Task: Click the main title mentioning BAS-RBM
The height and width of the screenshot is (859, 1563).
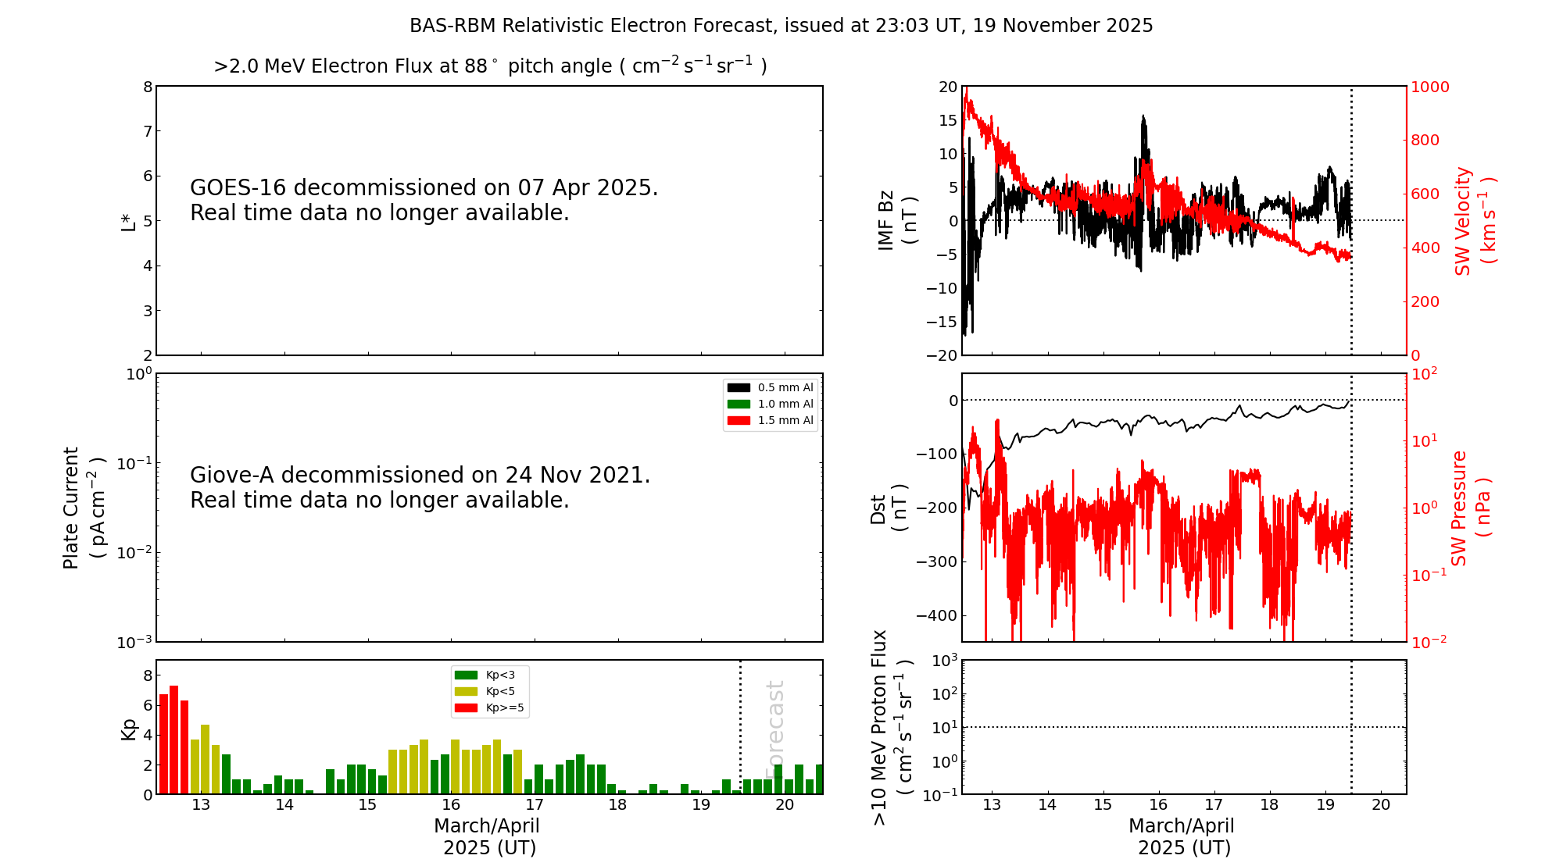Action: point(781,26)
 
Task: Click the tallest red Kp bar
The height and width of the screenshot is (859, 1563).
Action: point(173,738)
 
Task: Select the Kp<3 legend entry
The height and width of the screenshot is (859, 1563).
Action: point(489,675)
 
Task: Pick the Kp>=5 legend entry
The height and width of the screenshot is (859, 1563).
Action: point(489,708)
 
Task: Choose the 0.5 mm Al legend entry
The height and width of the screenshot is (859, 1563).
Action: point(771,387)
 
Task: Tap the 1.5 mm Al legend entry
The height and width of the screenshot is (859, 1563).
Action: point(771,420)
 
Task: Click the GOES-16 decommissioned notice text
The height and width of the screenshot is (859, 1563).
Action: point(424,200)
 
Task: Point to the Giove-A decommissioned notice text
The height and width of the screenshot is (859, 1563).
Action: point(420,487)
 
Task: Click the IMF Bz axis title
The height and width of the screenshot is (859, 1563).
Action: point(896,221)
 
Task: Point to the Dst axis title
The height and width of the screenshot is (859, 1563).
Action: point(889,508)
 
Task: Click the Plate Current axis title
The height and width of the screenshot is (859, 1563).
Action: point(83,508)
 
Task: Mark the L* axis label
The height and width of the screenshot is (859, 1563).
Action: point(129,221)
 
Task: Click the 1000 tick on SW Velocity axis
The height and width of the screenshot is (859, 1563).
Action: point(1429,87)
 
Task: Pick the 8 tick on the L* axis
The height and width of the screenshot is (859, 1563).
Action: point(148,87)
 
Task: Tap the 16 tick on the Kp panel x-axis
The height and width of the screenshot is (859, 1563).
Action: point(451,805)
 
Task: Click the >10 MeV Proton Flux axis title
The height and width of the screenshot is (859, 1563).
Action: point(892,727)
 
